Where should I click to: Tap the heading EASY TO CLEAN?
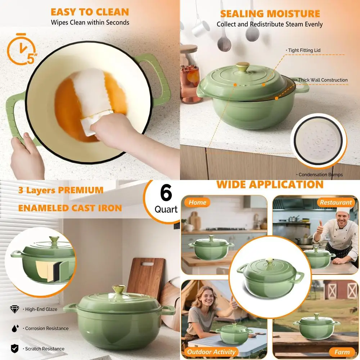[x=90, y=12]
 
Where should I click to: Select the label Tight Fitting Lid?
[x=304, y=50]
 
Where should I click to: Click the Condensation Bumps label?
[x=320, y=175]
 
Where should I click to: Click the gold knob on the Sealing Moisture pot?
[x=243, y=67]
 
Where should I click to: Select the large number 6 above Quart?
[x=166, y=194]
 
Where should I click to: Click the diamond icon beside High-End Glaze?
[x=14, y=309]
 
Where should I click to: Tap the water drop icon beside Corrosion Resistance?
[x=14, y=328]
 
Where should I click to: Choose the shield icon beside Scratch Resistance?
[x=14, y=348]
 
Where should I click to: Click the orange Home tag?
[x=197, y=202]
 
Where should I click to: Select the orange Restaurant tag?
[x=336, y=202]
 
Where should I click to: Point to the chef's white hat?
[x=343, y=210]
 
